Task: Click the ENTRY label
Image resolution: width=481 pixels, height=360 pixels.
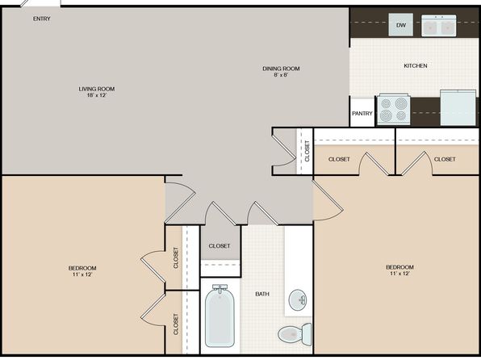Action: (x=42, y=19)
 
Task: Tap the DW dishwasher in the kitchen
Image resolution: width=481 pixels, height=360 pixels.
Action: (x=400, y=25)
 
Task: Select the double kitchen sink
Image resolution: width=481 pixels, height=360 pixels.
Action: (x=439, y=26)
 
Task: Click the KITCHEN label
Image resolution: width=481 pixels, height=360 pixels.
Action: (x=416, y=65)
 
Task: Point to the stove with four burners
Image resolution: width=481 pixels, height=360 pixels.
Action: (x=394, y=110)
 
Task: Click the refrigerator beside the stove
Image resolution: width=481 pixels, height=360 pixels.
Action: (x=458, y=107)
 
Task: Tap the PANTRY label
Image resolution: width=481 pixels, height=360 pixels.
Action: (x=362, y=114)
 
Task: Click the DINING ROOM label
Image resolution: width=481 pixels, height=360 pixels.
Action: (x=281, y=69)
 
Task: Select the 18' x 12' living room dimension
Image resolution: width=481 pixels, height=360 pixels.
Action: (x=97, y=95)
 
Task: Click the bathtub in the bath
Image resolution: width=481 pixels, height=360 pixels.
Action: (x=220, y=316)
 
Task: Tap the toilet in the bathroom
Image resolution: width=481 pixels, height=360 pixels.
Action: (x=295, y=334)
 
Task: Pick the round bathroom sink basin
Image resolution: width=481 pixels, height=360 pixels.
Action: (x=298, y=299)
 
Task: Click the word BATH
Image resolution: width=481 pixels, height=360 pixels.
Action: (x=262, y=294)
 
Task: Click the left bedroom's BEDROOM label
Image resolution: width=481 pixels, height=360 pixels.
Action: (x=82, y=268)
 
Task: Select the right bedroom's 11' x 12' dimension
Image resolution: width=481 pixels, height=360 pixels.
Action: (x=400, y=274)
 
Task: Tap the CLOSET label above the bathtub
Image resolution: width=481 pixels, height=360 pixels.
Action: (x=220, y=246)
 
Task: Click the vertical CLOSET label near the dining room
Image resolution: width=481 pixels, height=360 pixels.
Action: (x=307, y=151)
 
